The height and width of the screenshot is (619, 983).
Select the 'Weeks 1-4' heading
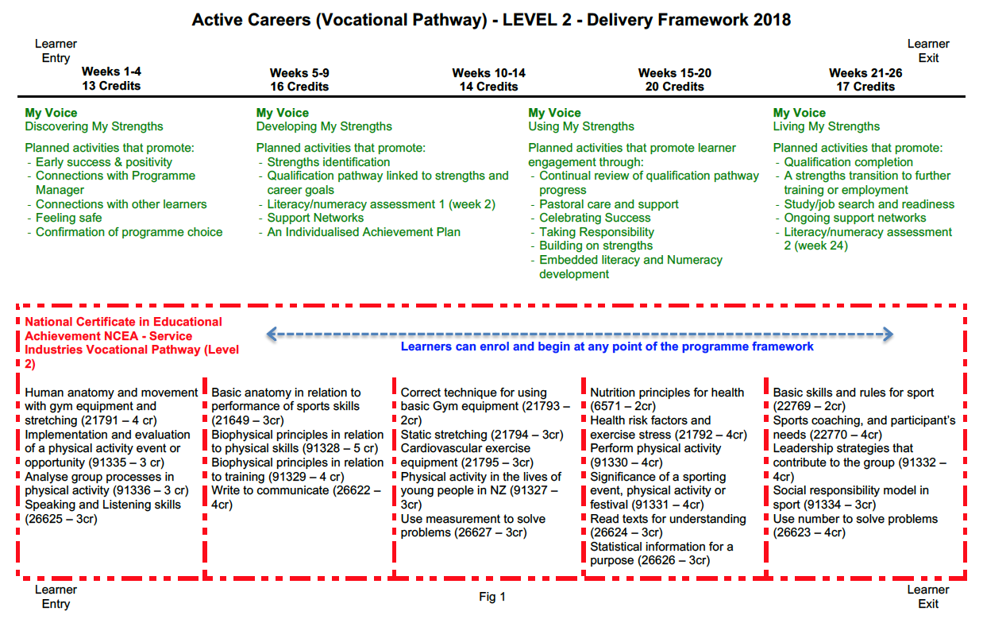(x=111, y=72)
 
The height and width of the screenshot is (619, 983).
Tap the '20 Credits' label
(x=674, y=87)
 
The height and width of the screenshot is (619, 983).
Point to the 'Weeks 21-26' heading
(x=865, y=73)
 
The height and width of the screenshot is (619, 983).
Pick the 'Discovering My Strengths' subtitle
(x=94, y=126)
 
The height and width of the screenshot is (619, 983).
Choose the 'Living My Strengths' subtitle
(x=827, y=126)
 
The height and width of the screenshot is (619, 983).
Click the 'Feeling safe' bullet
(x=68, y=218)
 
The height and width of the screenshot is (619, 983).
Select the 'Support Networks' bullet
(x=315, y=218)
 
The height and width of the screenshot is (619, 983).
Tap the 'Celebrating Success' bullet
(x=595, y=218)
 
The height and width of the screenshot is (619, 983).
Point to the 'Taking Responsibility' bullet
(x=596, y=232)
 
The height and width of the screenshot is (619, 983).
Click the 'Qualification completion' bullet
(x=848, y=162)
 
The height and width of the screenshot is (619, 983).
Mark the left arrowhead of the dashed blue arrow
(x=271, y=335)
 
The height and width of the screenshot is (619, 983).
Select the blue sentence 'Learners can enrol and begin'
(x=607, y=346)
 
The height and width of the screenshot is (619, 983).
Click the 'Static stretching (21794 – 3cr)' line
(x=482, y=435)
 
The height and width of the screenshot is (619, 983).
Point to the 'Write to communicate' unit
(x=270, y=490)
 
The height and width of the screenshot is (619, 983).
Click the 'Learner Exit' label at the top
(x=928, y=51)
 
